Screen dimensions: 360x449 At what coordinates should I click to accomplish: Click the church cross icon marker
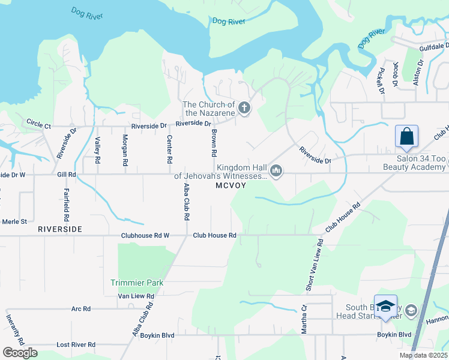(x=244, y=108)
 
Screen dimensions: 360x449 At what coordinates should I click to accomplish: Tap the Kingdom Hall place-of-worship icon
(x=276, y=172)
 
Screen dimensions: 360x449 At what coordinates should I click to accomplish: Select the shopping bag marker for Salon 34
(x=406, y=136)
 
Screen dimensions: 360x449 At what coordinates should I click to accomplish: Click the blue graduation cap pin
(x=385, y=306)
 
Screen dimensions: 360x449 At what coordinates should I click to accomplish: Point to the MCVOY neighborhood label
(x=231, y=187)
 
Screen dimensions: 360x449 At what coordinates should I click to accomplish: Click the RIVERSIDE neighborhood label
(x=59, y=230)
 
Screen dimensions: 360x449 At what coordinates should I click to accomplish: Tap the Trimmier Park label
(x=137, y=283)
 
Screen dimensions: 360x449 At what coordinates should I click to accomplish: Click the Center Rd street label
(x=170, y=150)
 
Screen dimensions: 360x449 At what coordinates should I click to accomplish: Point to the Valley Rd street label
(x=97, y=150)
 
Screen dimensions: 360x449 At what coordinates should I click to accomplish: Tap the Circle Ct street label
(x=38, y=124)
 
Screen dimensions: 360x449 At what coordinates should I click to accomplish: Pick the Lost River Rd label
(x=76, y=345)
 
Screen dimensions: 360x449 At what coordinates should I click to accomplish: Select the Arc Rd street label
(x=80, y=309)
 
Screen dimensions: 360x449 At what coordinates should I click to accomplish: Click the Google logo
(x=20, y=353)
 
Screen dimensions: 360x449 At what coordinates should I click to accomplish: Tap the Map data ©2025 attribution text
(x=423, y=355)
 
